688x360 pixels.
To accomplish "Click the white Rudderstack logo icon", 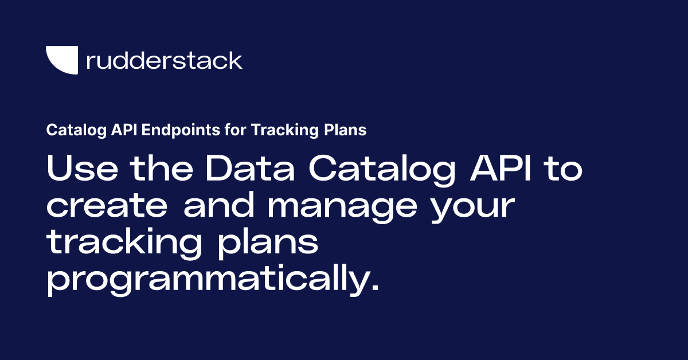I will point(61,60).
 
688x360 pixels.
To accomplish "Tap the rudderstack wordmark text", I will point(164,60).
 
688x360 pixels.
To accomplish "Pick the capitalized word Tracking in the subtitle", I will point(279,130).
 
